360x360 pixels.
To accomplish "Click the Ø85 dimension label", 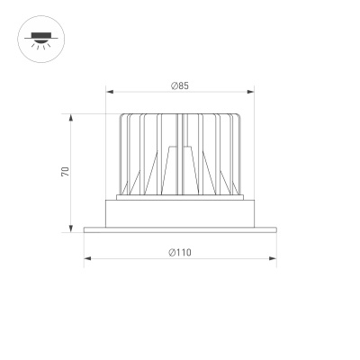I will tap(180, 85).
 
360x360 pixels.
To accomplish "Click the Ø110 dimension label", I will tap(180, 252).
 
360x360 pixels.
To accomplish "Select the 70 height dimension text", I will tap(66, 171).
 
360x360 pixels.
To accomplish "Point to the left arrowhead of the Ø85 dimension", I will tap(109, 91).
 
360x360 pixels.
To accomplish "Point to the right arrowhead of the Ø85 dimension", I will tap(251, 91).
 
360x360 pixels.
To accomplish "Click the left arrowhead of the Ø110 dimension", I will tap(86, 258).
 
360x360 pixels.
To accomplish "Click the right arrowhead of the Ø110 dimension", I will tap(274, 258).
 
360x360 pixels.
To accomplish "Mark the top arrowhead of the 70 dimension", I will tap(72, 116).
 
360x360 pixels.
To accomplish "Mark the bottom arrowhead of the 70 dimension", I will tap(72, 229).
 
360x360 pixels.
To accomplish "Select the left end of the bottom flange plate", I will tap(85, 230).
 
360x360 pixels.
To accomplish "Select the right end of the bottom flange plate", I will tap(274, 230).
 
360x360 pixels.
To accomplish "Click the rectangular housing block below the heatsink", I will tap(180, 213).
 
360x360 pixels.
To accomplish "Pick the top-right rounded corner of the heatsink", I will tap(240, 117).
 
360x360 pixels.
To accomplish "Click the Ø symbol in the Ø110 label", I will tap(171, 252).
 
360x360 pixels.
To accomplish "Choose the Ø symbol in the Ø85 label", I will tap(174, 85).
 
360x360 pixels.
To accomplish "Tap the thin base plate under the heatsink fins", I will tap(180, 196).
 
